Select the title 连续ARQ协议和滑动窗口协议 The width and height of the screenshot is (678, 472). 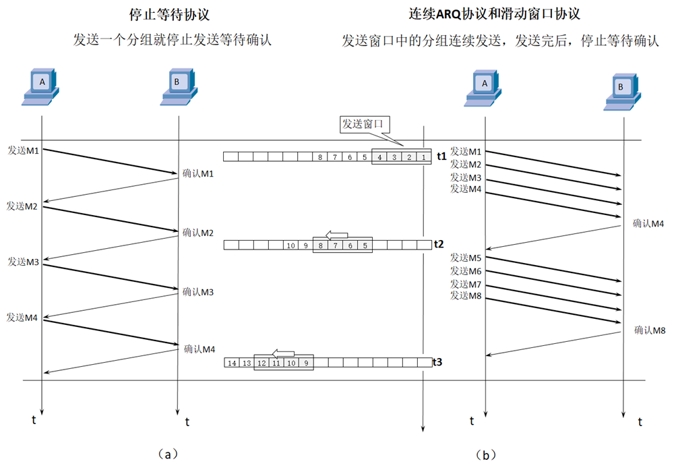click(495, 13)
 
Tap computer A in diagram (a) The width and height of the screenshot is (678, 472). click(42, 86)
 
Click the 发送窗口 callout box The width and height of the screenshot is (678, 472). click(365, 124)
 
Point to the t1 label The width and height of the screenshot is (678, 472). click(441, 156)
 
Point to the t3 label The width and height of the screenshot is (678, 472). click(438, 362)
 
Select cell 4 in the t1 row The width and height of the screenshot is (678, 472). click(379, 157)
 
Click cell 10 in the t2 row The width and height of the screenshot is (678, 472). click(290, 245)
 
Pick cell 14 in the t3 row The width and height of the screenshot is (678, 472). click(231, 363)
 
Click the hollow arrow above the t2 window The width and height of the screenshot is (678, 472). click(336, 234)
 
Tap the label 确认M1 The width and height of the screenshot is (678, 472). click(198, 173)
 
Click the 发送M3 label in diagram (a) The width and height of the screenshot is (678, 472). click(23, 261)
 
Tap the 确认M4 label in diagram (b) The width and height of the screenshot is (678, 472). click(649, 224)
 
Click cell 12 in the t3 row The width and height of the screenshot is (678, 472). click(261, 363)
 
